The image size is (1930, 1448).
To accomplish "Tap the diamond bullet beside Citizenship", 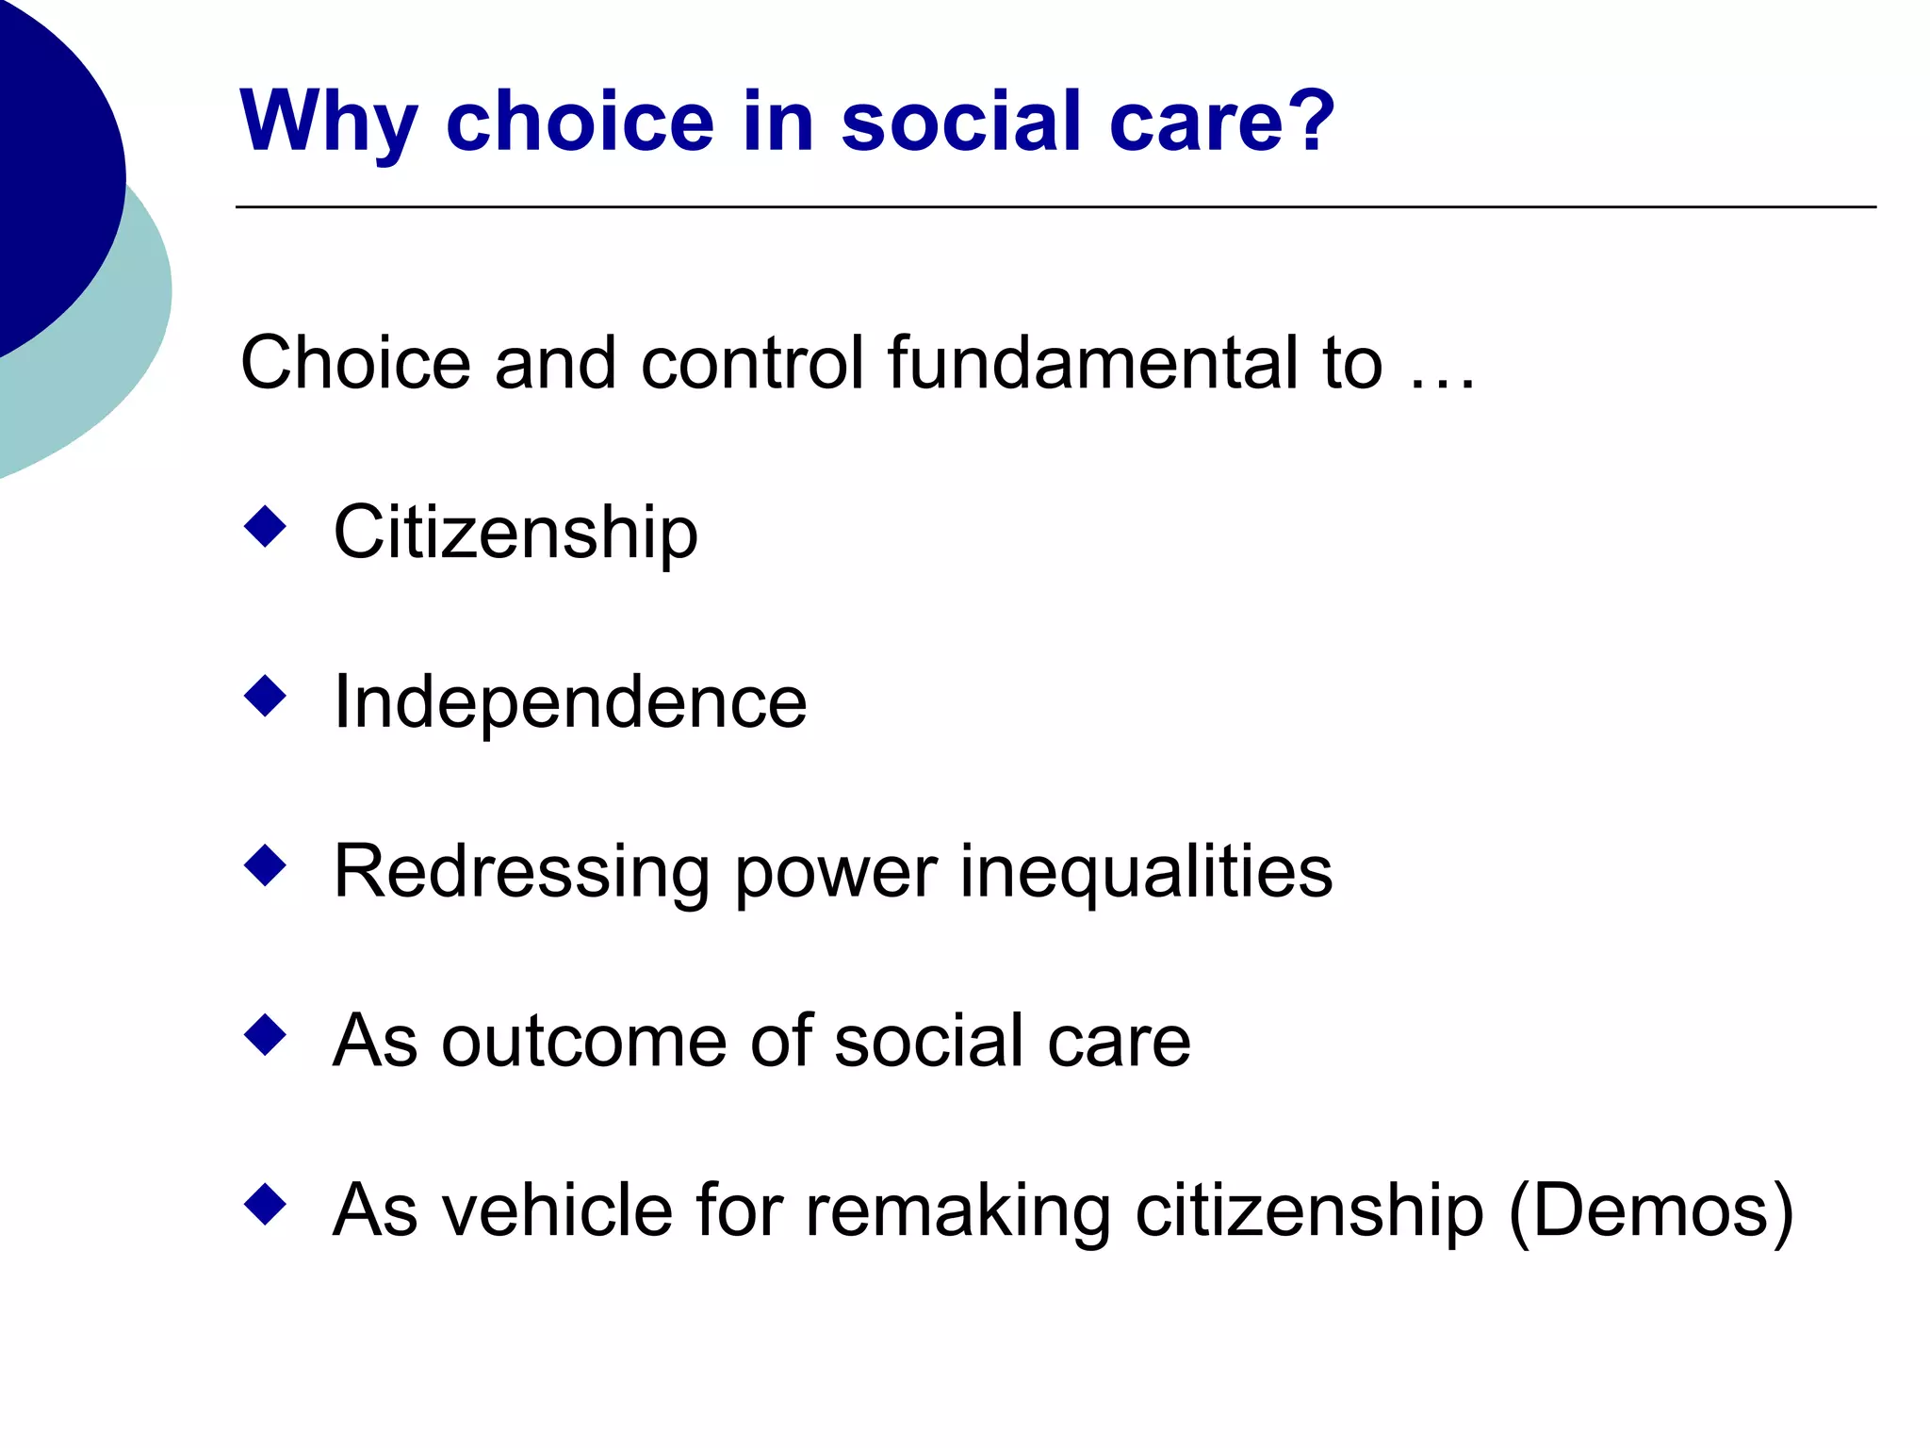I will tap(265, 526).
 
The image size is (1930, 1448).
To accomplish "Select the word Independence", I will tap(570, 702).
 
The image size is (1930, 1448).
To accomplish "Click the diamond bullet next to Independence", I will tap(265, 696).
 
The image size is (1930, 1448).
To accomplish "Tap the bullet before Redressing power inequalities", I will tap(265, 865).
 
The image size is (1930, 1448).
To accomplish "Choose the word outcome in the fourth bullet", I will tap(584, 1042).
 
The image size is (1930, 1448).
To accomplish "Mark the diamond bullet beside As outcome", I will tap(265, 1035).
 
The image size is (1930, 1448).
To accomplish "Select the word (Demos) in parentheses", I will tap(1650, 1212).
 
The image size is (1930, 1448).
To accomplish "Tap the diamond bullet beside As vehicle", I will tap(265, 1205).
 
